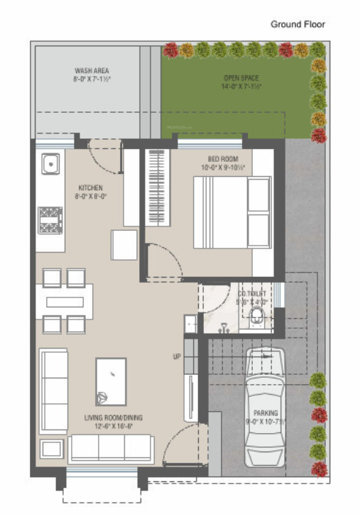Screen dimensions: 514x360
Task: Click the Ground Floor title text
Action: tap(298, 24)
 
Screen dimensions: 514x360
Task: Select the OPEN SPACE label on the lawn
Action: tap(241, 77)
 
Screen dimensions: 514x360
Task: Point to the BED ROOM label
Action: tap(223, 158)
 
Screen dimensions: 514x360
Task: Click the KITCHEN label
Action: tap(91, 187)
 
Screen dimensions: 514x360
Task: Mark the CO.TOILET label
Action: tap(252, 291)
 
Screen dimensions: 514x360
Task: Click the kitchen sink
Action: tap(50, 165)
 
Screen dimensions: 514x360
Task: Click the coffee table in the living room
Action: tap(111, 381)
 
